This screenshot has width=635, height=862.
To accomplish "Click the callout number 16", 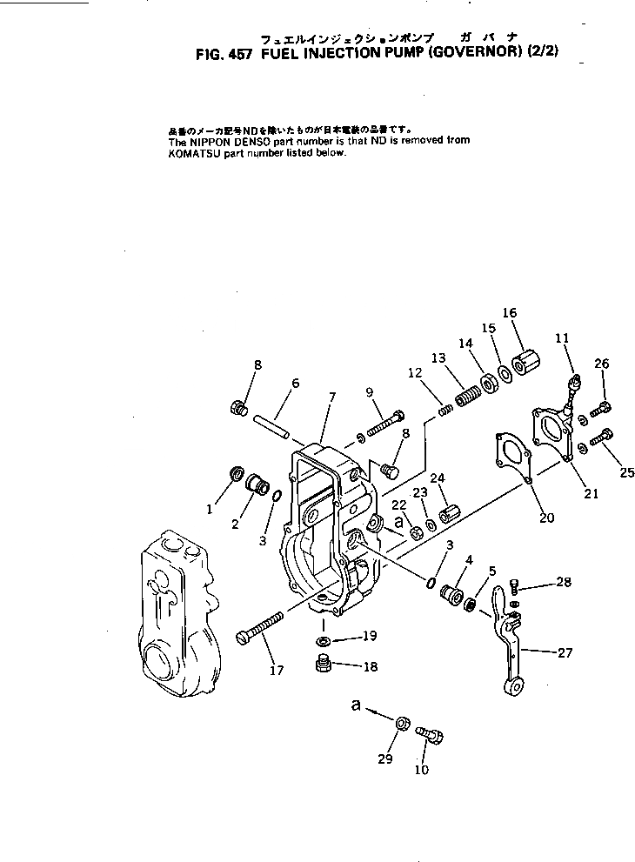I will coord(510,313).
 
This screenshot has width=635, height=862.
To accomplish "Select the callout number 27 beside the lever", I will coord(565,652).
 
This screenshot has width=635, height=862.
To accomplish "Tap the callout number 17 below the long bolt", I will coord(277,670).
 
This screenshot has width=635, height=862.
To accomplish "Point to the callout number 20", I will coord(546,518).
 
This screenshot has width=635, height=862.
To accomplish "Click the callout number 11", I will coord(562,337).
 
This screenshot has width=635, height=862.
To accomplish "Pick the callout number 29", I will coord(385,759).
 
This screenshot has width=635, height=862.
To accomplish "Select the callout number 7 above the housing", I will coord(331,397).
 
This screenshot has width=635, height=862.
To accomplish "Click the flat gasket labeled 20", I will coord(511,454).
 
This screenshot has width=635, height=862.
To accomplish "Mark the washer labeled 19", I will coord(324,641).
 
